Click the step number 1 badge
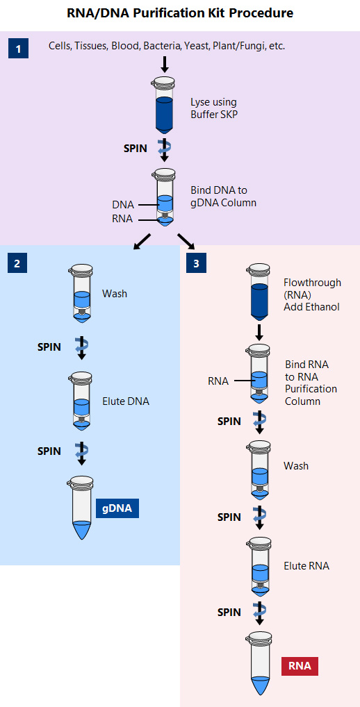click(18, 49)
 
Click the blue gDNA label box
click(117, 508)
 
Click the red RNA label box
click(300, 666)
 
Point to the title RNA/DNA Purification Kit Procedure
click(180, 13)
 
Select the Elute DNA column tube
click(81, 402)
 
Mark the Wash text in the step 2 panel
click(115, 294)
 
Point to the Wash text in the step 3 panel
click(296, 465)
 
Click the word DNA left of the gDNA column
click(123, 205)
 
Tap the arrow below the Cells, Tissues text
click(164, 65)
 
